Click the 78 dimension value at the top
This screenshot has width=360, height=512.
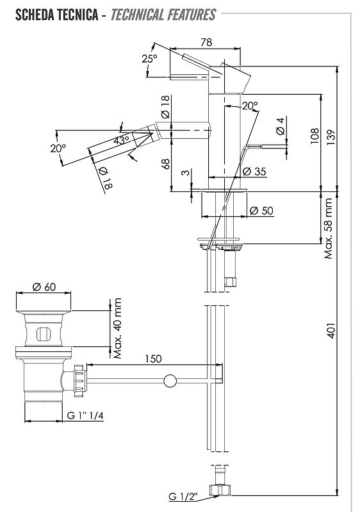pos(206,42)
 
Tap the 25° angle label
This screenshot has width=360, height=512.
pos(149,59)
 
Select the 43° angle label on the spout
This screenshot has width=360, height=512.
pos(122,140)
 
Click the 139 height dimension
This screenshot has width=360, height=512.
pos(331,138)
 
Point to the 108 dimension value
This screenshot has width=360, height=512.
pos(315,136)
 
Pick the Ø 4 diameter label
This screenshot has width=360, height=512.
pos(281,126)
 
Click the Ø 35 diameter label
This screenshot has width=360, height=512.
pos(254,171)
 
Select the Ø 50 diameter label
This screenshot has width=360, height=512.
pos(261,211)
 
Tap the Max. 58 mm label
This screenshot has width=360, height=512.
pos(328,228)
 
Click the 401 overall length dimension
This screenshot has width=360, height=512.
pos(331,330)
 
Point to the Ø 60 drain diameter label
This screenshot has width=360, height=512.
pos(44,287)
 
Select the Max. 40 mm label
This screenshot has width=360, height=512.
pos(117,328)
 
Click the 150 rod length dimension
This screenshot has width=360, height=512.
pos(153,358)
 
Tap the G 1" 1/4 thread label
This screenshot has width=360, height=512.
pos(85,415)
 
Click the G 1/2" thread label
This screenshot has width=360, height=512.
pos(183,497)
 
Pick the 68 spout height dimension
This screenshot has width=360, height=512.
pos(166,164)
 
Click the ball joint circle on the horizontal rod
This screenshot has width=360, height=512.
pos(170,381)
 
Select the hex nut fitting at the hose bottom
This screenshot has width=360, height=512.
pos(220,490)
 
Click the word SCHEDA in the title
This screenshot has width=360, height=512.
pos(35,15)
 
